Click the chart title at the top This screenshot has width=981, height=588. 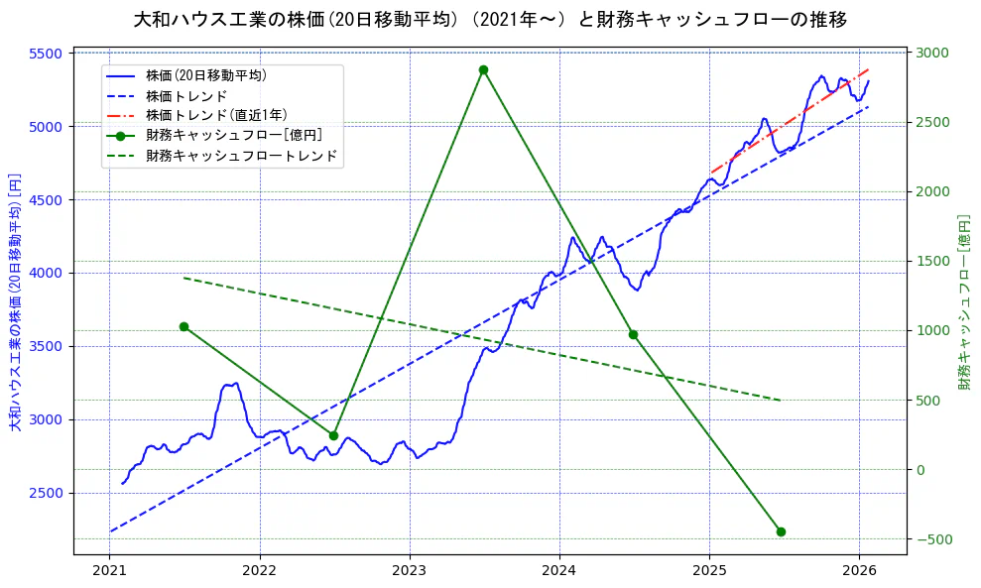(x=490, y=19)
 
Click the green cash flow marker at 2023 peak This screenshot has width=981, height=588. (x=483, y=69)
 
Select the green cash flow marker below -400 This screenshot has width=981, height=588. (x=781, y=531)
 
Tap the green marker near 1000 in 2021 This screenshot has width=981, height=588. (x=184, y=326)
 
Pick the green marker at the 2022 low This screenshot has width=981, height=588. (x=333, y=435)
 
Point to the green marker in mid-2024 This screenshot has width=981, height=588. (x=633, y=334)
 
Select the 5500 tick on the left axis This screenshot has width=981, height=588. (x=48, y=54)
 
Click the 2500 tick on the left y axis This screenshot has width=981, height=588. (x=48, y=493)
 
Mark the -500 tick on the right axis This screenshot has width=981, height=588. (x=932, y=539)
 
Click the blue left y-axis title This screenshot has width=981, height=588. (x=15, y=302)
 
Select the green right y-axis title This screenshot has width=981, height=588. (x=964, y=302)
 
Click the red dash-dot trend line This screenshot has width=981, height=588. (x=790, y=121)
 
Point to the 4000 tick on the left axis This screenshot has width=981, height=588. (x=48, y=273)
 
